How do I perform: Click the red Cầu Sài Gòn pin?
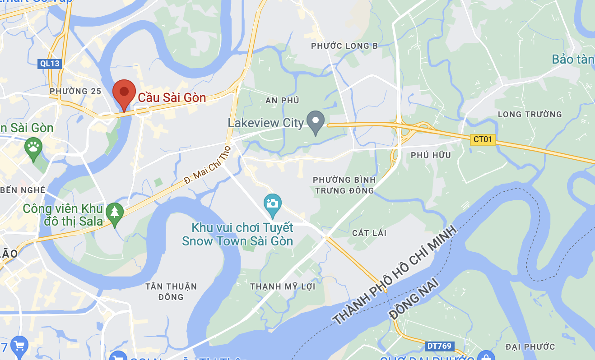pos(124,93)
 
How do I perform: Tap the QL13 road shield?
pos(49,64)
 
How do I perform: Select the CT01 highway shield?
pos(483,139)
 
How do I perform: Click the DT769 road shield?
pos(439,346)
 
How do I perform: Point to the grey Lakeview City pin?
pos(316,121)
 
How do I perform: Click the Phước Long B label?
pos(344,46)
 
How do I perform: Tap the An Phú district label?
pos(283,100)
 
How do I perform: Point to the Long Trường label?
pos(530,114)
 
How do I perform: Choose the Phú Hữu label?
pos(431,155)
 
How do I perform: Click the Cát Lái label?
pos(369,233)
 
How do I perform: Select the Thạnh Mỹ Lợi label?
pos(283,286)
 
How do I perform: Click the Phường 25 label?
pos(75,91)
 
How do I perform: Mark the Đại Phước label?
pos(530,346)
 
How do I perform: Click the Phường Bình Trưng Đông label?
pos(344,185)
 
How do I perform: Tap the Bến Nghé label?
pos(23,190)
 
